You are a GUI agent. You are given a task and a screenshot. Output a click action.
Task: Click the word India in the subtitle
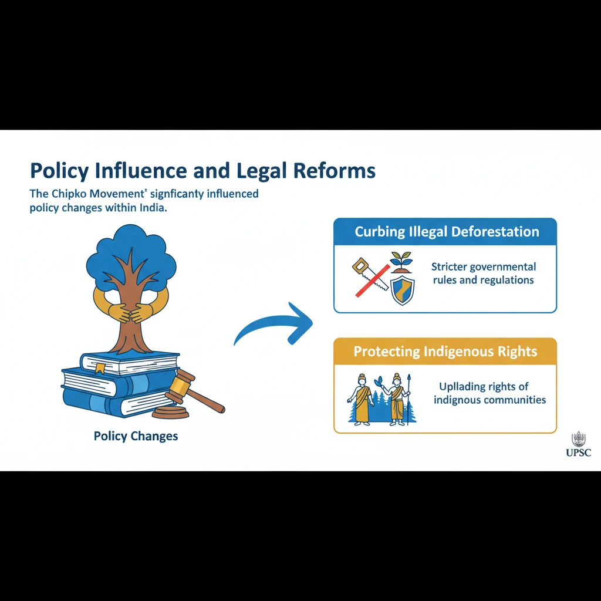(151, 208)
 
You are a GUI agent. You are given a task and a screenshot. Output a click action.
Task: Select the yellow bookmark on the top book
(100, 369)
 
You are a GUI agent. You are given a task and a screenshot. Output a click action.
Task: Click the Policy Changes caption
(136, 437)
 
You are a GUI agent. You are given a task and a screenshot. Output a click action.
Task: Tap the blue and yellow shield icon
(403, 291)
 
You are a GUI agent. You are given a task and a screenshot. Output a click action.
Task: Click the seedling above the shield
(403, 261)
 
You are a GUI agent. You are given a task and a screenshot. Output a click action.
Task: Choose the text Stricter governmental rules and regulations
(484, 274)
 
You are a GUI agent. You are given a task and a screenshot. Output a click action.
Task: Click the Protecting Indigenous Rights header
(445, 352)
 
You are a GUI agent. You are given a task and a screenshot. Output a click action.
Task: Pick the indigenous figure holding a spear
(400, 397)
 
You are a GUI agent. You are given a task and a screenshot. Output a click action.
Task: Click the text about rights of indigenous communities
(489, 393)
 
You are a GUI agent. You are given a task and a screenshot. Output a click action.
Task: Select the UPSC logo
(579, 445)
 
